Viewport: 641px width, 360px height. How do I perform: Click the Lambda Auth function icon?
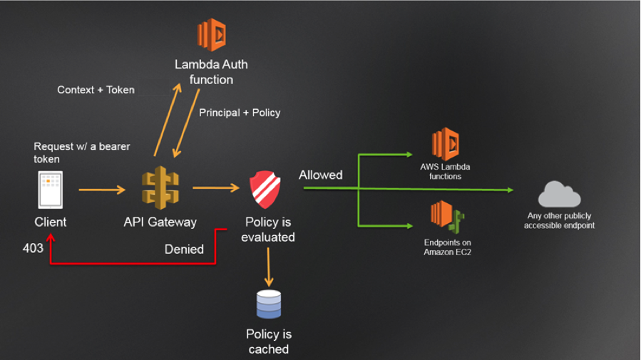(212, 34)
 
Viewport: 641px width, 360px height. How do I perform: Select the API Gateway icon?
(160, 188)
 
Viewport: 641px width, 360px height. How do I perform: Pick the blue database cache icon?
(269, 304)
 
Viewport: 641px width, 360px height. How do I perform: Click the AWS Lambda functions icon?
(445, 145)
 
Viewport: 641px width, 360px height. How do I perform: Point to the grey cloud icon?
(559, 194)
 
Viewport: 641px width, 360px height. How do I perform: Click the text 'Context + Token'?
(96, 90)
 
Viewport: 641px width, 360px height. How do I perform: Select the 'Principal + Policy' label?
(240, 113)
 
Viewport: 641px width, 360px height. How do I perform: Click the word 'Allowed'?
(320, 175)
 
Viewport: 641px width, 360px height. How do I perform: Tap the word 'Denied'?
(184, 249)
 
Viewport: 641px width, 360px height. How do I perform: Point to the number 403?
(33, 248)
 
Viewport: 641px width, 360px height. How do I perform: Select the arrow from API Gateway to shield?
(216, 188)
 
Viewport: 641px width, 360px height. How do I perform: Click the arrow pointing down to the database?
(270, 267)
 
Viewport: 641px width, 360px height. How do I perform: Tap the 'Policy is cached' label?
(269, 341)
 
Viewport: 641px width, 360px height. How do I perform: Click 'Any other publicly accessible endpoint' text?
(559, 220)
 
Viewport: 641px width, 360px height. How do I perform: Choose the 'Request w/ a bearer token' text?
(72, 153)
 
